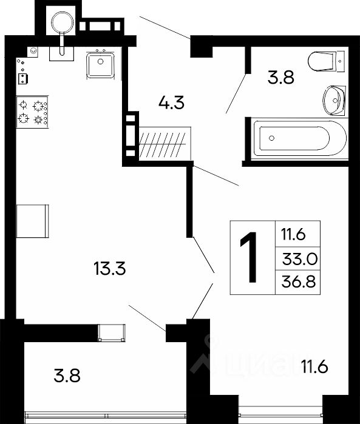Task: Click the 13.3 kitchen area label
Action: (x=110, y=269)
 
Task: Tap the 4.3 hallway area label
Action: (x=171, y=103)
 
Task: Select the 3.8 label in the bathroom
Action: (x=280, y=78)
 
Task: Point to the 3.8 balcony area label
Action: (x=67, y=376)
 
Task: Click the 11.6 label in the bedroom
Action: (x=314, y=367)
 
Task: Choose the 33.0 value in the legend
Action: (x=300, y=259)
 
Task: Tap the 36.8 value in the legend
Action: (x=299, y=282)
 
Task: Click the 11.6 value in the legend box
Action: (x=293, y=234)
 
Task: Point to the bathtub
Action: (x=300, y=138)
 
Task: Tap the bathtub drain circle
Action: (x=272, y=138)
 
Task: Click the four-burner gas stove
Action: (x=32, y=112)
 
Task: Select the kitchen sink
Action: (x=100, y=65)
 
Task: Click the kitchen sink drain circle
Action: (x=100, y=62)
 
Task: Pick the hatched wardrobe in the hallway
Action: (x=165, y=143)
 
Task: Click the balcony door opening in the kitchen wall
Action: (x=112, y=332)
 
